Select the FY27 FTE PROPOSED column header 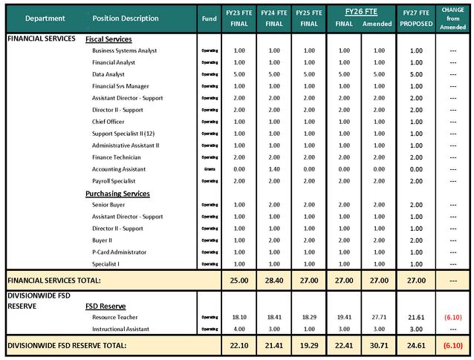pyautogui.click(x=417, y=18)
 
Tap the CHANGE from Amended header pyautogui.click(x=453, y=18)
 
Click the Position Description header pyautogui.click(x=126, y=19)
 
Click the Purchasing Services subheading pyautogui.click(x=117, y=194)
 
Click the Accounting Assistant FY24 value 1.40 pyautogui.click(x=274, y=169)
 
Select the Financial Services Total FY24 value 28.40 pyautogui.click(x=274, y=281)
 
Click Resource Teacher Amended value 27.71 pyautogui.click(x=379, y=317)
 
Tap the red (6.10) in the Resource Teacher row pyautogui.click(x=452, y=317)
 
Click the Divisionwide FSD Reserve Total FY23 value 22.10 pyautogui.click(x=239, y=345)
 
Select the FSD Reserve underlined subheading pyautogui.click(x=105, y=306)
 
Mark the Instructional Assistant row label pyautogui.click(x=122, y=329)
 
